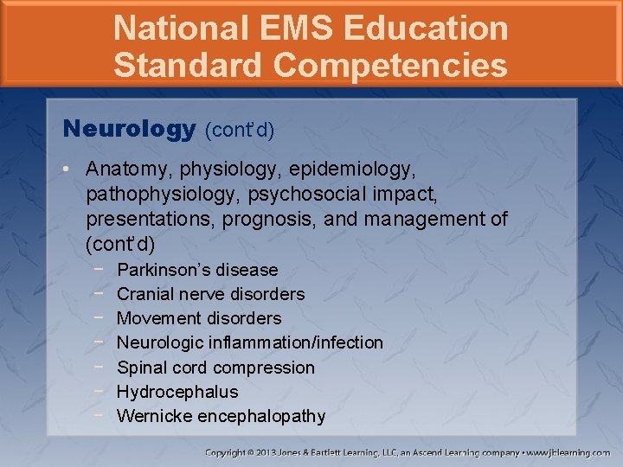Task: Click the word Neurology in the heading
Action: [130, 130]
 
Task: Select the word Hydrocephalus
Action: [177, 392]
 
